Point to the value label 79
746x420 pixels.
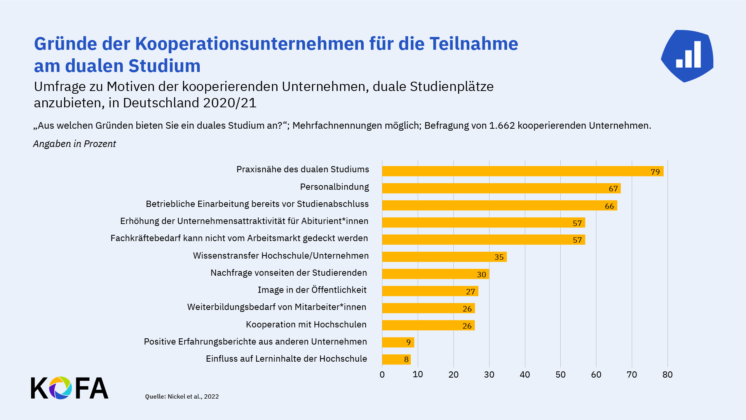(x=655, y=172)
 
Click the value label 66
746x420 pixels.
(x=609, y=206)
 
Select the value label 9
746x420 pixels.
(x=408, y=342)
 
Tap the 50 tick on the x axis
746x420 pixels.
(x=560, y=374)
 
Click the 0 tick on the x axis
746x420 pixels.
(x=382, y=374)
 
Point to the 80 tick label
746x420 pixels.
(x=668, y=374)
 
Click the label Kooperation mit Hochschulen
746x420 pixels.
(x=306, y=324)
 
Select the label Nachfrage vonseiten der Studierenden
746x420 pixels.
(x=289, y=273)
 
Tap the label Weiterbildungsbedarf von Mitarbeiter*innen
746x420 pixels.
(x=277, y=307)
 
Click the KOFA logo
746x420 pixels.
(x=70, y=388)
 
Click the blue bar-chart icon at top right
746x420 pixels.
(x=687, y=56)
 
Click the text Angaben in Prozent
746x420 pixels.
(x=75, y=143)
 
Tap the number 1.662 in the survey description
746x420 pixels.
(x=502, y=126)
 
